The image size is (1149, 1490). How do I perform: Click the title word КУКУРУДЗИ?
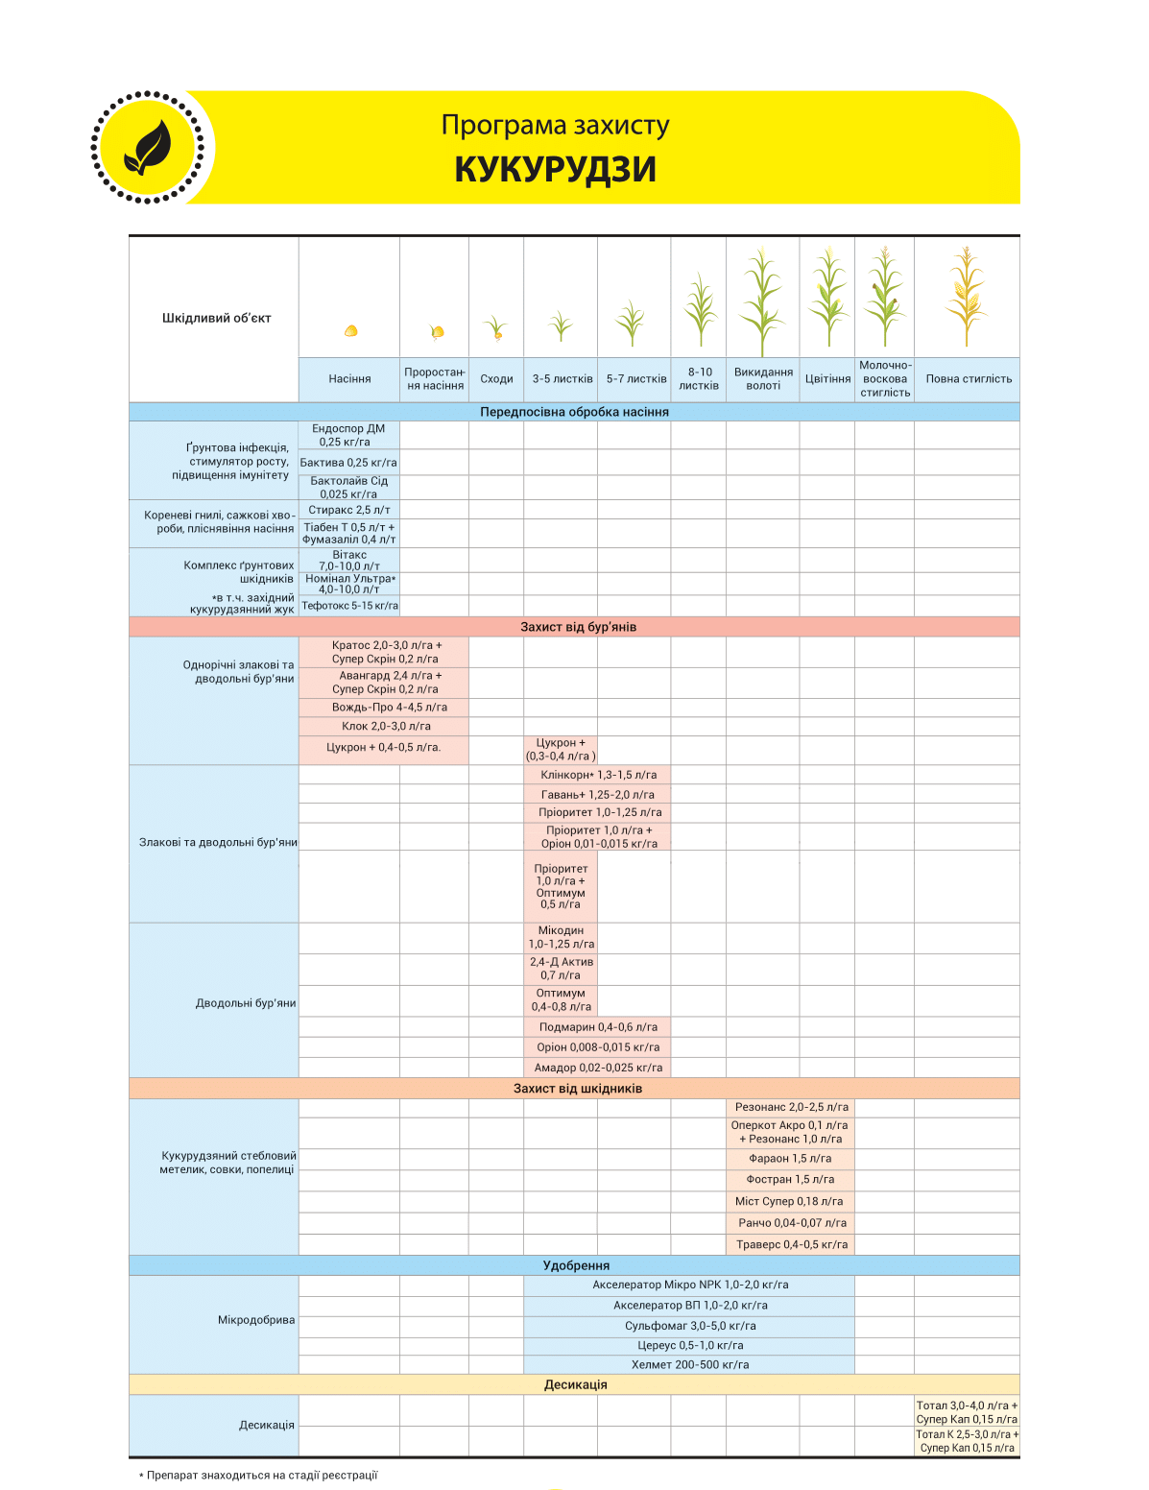[555, 169]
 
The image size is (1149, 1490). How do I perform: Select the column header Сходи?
[496, 379]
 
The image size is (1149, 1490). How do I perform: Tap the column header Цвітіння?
[827, 379]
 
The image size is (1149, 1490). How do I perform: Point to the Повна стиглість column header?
[969, 379]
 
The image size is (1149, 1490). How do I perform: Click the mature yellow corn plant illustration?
[967, 297]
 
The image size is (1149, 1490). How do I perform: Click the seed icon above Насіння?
[350, 331]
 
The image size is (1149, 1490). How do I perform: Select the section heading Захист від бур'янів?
[578, 627]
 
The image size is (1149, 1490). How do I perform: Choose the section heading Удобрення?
[576, 1265]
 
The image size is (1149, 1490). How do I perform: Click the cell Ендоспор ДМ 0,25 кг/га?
[349, 435]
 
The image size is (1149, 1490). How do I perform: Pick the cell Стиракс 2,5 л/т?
[349, 510]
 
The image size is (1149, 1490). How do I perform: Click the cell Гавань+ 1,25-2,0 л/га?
[597, 795]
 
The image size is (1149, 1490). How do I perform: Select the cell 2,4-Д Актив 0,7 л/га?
[562, 969]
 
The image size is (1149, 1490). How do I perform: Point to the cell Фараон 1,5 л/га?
[790, 1159]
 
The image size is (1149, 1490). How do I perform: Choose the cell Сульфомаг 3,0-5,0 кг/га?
[690, 1326]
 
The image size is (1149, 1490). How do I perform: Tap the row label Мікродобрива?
[256, 1320]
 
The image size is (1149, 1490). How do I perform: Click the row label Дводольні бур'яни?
[246, 1003]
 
